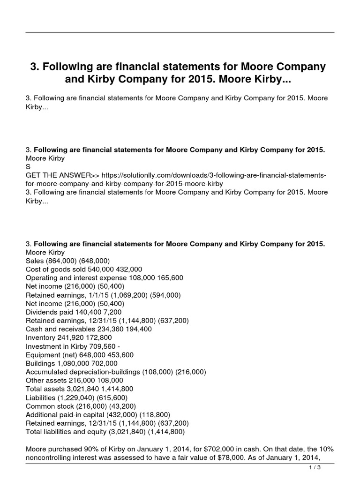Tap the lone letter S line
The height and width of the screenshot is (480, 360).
coord(28,166)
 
